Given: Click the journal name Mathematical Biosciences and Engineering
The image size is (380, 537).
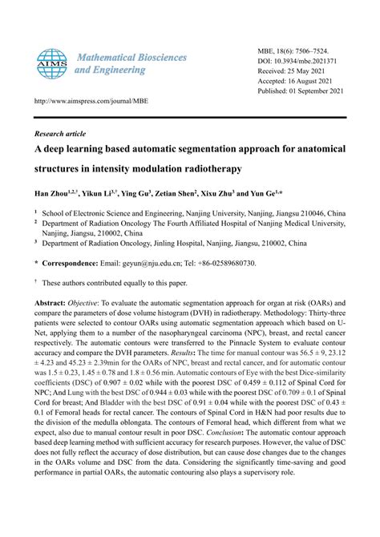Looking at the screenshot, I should coord(131,64).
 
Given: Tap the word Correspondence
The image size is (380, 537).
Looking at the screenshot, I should coord(72,263).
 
